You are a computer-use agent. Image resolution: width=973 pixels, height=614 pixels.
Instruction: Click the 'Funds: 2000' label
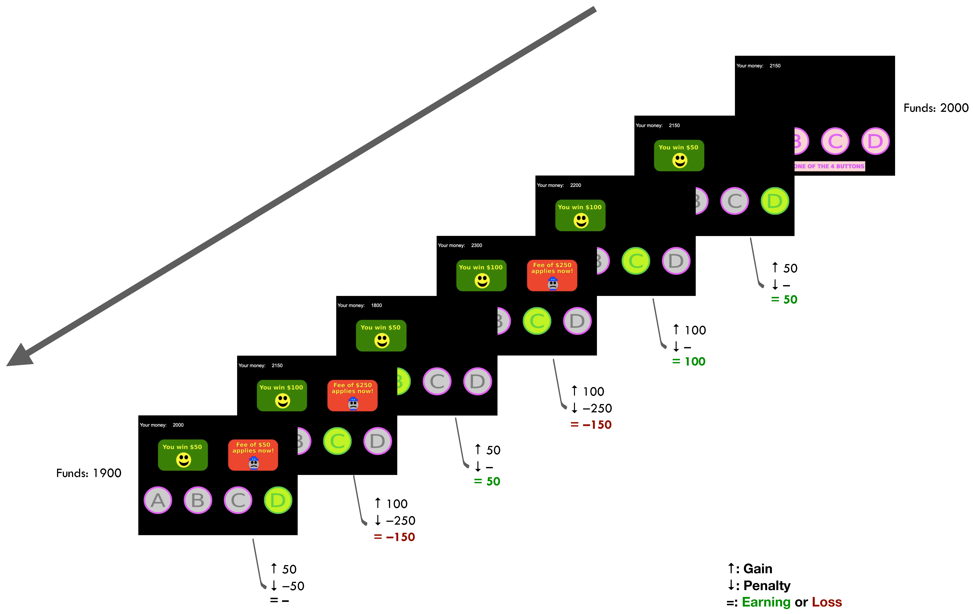pos(935,108)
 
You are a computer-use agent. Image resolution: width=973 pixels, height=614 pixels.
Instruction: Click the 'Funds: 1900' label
pos(88,473)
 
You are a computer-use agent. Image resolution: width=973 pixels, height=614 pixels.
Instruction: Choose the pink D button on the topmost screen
pos(875,141)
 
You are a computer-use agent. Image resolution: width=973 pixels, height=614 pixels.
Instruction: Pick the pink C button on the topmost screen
pos(835,141)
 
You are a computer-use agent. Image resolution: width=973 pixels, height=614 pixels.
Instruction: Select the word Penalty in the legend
pos(766,585)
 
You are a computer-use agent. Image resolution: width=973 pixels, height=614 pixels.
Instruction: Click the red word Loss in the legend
pos(827,602)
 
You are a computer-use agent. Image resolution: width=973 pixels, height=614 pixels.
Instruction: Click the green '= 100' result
pos(689,362)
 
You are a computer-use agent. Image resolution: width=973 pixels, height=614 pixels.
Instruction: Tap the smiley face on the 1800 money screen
pos(382,341)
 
